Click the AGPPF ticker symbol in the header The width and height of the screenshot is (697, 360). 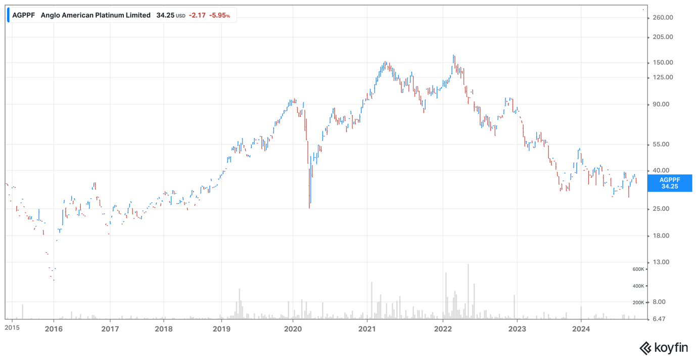tap(24, 15)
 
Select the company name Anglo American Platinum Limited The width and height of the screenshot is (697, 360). tap(96, 15)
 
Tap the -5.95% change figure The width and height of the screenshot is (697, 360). tap(220, 15)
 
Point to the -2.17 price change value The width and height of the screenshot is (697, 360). tap(197, 15)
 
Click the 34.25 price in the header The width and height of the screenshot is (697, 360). tap(165, 15)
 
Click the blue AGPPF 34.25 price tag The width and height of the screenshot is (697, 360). tap(670, 183)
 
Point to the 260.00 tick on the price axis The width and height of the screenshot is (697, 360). tap(663, 17)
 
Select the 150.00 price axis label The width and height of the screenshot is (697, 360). tap(663, 62)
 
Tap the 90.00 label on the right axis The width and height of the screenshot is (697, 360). tap(661, 104)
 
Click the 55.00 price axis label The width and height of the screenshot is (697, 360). tap(661, 144)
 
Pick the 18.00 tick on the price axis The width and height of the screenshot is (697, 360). tap(661, 236)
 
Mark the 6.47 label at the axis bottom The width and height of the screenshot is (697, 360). tap(659, 319)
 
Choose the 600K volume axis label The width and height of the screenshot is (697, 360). tap(638, 269)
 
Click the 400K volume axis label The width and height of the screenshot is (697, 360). tap(638, 286)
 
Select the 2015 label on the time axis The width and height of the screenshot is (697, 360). tap(12, 328)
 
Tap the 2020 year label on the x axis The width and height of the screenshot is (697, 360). tap(293, 329)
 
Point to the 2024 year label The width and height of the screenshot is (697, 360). tap(581, 329)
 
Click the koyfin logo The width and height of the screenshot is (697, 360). tap(664, 348)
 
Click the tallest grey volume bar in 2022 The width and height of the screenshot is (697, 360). tap(468, 292)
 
